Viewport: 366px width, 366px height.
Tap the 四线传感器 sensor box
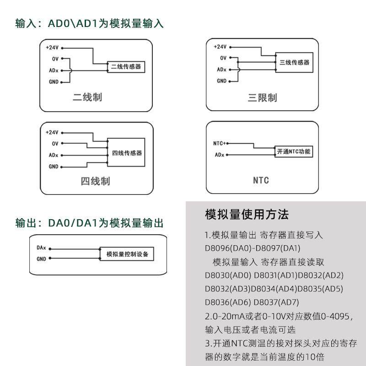[x=127, y=152]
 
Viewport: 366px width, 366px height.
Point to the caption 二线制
[x=87, y=97]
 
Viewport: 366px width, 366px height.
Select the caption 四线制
[x=96, y=181]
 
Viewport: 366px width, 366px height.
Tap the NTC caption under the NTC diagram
[x=261, y=180]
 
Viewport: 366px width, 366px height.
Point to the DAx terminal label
[x=41, y=248]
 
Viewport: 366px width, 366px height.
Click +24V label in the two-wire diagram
[x=52, y=47]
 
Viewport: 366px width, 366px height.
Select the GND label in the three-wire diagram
[x=221, y=81]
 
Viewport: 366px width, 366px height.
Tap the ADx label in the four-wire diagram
[x=53, y=155]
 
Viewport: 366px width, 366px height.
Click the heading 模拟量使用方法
[x=247, y=214]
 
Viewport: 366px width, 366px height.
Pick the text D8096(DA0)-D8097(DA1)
[x=253, y=248]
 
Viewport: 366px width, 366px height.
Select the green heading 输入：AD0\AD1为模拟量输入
[x=89, y=24]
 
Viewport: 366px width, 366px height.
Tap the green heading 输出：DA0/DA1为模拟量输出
[x=89, y=223]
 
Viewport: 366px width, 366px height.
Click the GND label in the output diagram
[x=41, y=259]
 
